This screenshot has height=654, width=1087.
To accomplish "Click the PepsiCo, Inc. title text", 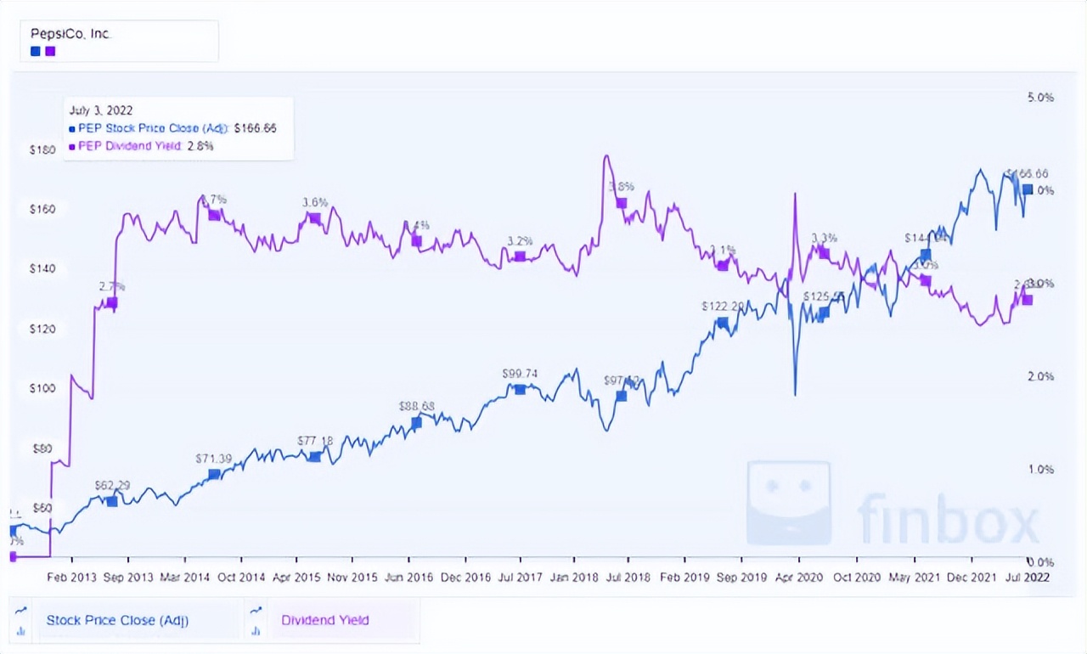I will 71,34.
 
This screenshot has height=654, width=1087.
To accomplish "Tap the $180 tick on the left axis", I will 42,150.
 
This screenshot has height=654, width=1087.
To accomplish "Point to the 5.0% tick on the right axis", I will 1040,98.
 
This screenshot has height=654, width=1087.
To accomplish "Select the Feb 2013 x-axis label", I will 72,577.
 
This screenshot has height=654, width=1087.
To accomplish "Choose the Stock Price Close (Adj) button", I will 117,620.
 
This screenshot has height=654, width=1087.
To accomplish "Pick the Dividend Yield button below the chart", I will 325,620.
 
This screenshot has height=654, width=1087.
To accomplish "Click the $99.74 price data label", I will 521,374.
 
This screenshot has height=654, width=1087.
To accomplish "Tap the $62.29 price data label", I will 112,486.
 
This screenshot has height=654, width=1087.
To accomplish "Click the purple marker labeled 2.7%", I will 111,302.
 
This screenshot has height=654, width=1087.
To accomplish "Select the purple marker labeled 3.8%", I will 621,203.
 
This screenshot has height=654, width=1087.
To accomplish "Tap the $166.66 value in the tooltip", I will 255,128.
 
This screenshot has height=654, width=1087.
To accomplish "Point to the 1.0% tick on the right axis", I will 1040,469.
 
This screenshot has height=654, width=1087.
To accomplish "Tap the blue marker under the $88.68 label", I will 416,423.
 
